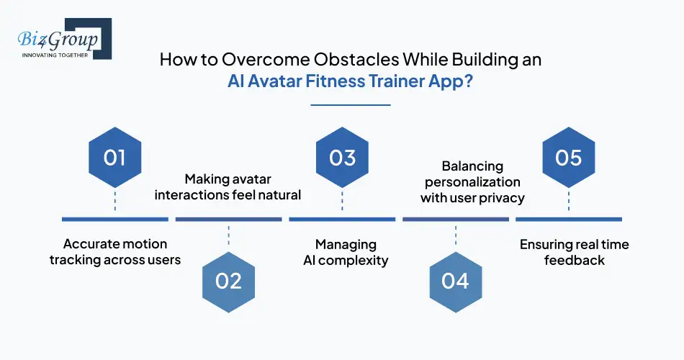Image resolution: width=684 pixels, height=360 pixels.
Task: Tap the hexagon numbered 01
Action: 114,157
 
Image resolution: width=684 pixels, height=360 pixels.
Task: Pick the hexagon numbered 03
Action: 342,157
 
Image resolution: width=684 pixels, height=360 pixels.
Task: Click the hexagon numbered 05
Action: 569,157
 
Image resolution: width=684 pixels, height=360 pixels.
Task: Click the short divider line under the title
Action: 350,105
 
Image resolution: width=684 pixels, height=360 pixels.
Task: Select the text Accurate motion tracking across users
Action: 114,252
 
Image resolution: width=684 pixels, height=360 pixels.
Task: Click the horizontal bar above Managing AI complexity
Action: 342,219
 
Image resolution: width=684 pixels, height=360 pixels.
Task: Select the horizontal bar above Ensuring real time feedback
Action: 569,219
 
